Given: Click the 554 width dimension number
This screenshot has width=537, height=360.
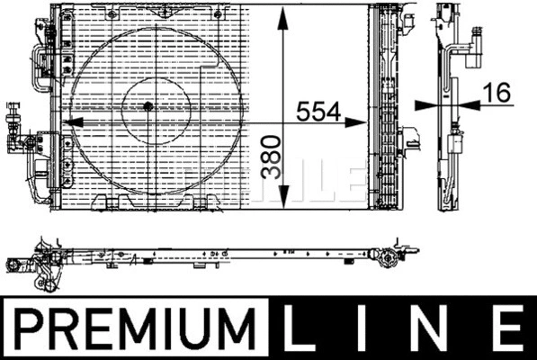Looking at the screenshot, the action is coord(318,112).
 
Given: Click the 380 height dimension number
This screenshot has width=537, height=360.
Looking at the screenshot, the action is coord(271,157).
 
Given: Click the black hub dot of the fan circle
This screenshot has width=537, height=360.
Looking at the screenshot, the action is coord(148,106).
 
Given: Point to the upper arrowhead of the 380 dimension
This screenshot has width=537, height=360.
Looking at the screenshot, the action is coord(282,20).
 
